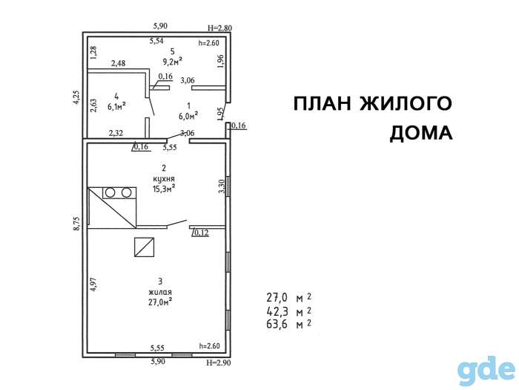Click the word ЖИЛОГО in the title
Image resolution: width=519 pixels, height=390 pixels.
[x=406, y=103]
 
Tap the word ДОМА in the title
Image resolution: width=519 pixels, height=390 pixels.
[x=421, y=133]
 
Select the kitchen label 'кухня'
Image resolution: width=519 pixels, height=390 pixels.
[x=164, y=179]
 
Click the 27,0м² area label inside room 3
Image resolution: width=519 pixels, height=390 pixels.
[x=160, y=302]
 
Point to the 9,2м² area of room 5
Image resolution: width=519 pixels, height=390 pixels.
[x=173, y=62]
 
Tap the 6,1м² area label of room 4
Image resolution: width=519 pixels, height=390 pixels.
[x=116, y=106]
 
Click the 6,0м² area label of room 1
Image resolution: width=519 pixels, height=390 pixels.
[x=188, y=115]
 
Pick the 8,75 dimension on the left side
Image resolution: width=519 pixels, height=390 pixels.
[x=77, y=224]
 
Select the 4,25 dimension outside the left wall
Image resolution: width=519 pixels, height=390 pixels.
[x=76, y=98]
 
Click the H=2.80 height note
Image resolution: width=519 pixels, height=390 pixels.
[x=219, y=28]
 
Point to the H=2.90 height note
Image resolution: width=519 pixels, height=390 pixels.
[x=219, y=363]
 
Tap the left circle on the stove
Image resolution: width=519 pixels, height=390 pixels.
[x=110, y=192]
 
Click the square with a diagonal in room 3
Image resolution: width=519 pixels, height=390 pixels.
[x=145, y=247]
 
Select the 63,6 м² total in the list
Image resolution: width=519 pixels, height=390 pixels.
[x=288, y=324]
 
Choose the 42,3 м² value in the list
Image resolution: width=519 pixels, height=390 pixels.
[x=288, y=311]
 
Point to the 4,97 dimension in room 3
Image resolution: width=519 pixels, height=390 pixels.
[x=95, y=285]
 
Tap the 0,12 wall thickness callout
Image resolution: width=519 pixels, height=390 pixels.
[x=201, y=233]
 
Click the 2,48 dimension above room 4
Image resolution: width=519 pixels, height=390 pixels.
[x=118, y=63]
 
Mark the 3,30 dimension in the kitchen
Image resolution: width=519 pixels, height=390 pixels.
[x=222, y=186]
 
